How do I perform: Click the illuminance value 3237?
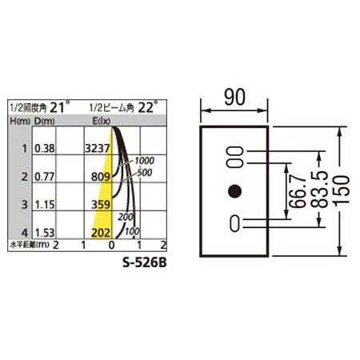pyautogui.click(x=98, y=148)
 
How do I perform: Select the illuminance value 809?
pyautogui.click(x=101, y=177)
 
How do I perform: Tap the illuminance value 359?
pyautogui.click(x=101, y=205)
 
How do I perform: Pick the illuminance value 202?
pyautogui.click(x=101, y=233)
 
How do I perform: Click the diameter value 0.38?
pyautogui.click(x=45, y=149)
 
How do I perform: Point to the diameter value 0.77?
pyautogui.click(x=45, y=177)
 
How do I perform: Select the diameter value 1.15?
pyautogui.click(x=45, y=205)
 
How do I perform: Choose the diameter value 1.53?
pyautogui.click(x=45, y=233)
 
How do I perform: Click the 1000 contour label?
pyautogui.click(x=144, y=161)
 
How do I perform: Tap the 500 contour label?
pyautogui.click(x=145, y=173)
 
